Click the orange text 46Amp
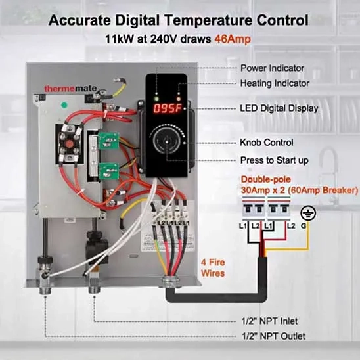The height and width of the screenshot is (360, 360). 233,39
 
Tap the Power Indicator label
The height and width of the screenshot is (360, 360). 272,68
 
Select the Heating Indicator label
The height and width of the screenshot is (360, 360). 275,83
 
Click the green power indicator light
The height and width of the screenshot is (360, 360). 157,99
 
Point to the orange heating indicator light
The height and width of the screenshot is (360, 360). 179,99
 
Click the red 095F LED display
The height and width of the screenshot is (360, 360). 168,108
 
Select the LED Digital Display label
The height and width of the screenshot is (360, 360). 279,108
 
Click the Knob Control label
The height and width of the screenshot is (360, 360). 267,143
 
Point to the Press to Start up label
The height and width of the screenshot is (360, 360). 274,160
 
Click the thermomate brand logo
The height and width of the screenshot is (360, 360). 70,89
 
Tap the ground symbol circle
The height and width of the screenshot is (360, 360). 308,213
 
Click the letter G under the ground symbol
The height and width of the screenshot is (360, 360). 304,226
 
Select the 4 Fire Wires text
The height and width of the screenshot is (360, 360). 213,268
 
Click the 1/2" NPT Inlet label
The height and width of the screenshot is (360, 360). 269,321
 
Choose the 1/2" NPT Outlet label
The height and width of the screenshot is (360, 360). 273,336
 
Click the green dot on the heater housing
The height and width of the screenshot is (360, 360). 64,105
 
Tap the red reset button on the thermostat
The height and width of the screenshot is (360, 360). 70,144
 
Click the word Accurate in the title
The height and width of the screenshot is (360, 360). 79,20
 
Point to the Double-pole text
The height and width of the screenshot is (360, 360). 265,179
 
